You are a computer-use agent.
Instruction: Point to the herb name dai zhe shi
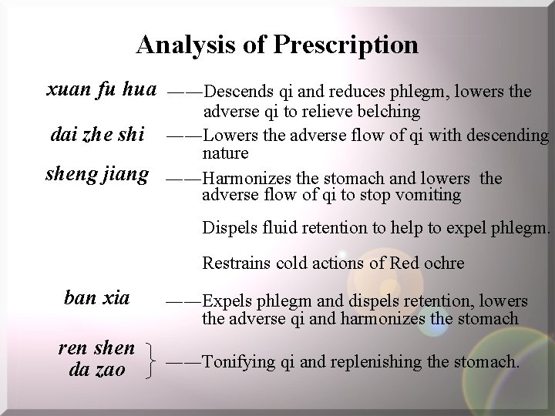click(96, 135)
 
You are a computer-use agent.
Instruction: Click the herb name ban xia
click(97, 297)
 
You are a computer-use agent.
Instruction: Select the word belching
click(388, 112)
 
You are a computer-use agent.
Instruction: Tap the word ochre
click(444, 263)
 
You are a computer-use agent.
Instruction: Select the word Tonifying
click(240, 361)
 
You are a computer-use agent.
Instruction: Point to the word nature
click(225, 154)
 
